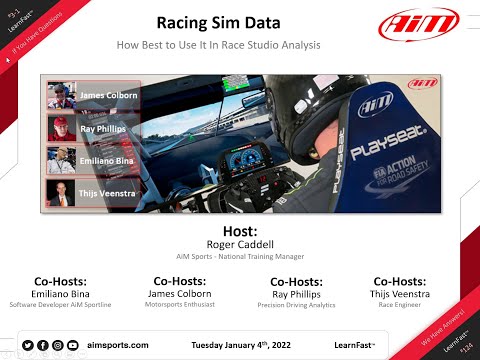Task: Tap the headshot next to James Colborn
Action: click(61, 97)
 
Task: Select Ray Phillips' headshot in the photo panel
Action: click(61, 129)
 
